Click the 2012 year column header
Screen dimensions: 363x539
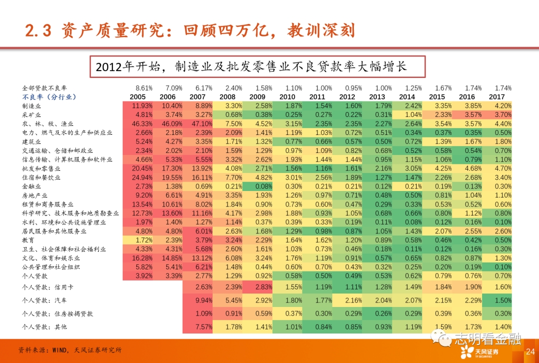(347, 97)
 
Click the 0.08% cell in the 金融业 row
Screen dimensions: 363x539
(258, 186)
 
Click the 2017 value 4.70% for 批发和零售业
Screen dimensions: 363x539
(502, 168)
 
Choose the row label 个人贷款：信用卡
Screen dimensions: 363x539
(51, 287)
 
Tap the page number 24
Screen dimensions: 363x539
(530, 352)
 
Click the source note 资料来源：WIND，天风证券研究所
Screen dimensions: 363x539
(70, 350)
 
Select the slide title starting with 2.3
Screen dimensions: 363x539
(190, 30)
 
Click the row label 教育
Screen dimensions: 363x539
(28, 240)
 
